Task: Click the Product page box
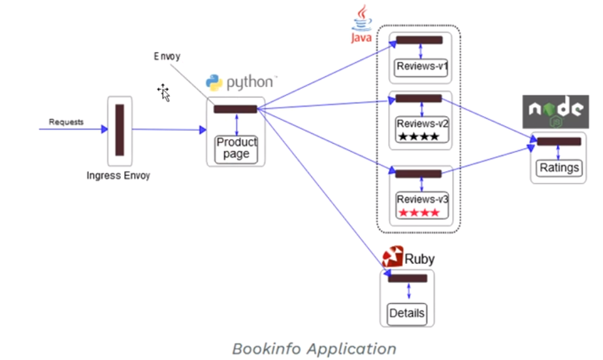click(x=236, y=150)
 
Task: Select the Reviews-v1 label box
click(x=421, y=68)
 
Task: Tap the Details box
click(x=407, y=314)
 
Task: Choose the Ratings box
click(x=559, y=168)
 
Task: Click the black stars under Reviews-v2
click(x=419, y=136)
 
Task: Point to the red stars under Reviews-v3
click(x=419, y=212)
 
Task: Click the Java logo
click(x=361, y=24)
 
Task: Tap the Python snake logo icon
click(x=214, y=83)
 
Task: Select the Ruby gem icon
click(x=393, y=257)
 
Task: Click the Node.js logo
click(x=555, y=112)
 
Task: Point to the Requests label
click(x=66, y=122)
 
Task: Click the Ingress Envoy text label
click(x=118, y=175)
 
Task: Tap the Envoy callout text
click(x=167, y=56)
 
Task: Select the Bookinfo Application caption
click(x=314, y=349)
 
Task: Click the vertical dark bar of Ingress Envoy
click(x=120, y=129)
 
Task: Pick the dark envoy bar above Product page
click(x=235, y=109)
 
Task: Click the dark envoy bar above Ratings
click(x=559, y=142)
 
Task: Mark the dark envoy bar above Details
click(x=408, y=278)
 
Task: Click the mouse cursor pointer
click(x=164, y=93)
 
